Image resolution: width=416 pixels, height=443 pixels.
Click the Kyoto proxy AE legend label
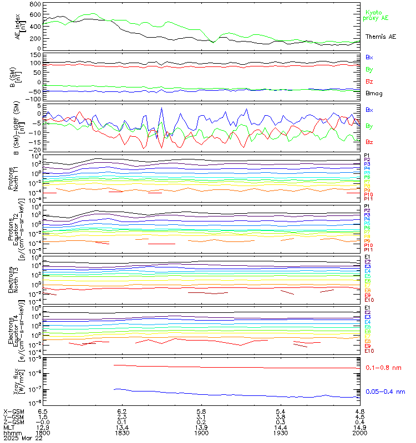point(377,15)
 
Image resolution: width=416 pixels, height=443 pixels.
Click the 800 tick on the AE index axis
point(34,4)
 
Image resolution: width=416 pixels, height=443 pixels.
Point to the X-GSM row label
point(12,412)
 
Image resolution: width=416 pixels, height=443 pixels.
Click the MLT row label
point(8,427)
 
